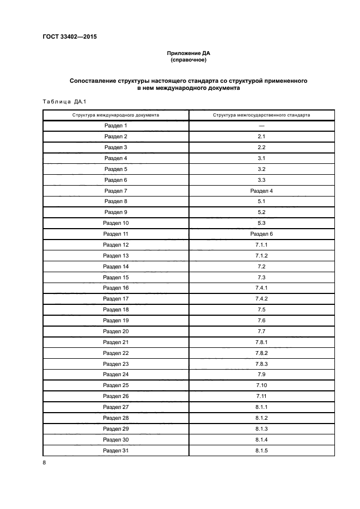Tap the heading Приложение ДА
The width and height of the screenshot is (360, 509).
188,53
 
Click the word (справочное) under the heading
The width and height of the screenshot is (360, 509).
188,60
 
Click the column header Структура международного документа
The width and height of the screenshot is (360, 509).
115,115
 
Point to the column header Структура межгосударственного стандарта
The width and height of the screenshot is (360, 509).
261,115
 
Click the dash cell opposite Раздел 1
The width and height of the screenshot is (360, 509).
261,126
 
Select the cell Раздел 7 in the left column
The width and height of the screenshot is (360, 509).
115,191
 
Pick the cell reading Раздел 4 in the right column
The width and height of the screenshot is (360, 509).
261,191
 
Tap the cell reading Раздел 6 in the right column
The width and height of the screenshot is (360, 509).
261,234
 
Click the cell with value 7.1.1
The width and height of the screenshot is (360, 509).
261,244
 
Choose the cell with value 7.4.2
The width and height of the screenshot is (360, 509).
261,298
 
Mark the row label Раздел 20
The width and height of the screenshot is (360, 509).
115,331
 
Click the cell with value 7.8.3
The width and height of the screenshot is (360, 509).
261,364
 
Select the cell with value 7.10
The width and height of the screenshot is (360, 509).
261,385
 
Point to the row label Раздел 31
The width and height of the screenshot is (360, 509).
115,450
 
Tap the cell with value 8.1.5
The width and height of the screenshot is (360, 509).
261,450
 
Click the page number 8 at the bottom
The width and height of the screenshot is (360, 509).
45,463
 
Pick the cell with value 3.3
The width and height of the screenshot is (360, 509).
261,180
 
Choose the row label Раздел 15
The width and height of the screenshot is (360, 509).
115,277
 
